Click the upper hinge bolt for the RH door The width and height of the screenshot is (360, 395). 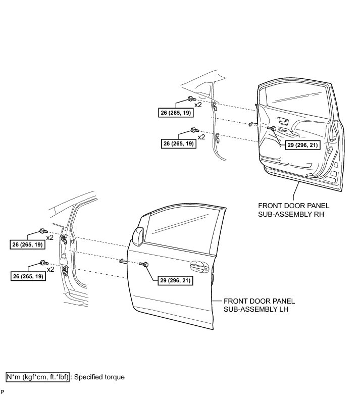point(190,98)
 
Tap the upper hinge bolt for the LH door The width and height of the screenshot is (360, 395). point(42,231)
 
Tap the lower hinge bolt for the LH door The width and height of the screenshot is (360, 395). point(43,263)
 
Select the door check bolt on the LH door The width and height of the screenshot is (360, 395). point(145,264)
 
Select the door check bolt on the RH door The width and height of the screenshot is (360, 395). point(272,129)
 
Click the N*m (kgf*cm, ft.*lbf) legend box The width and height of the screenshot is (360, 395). point(38,377)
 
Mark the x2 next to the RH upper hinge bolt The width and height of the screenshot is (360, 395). point(198,105)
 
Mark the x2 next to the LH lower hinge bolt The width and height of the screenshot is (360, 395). point(50,270)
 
